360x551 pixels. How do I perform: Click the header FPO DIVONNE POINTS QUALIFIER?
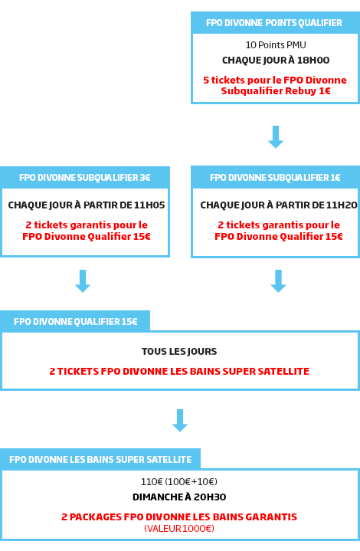click(274, 23)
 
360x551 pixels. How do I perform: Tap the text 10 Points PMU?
click(276, 45)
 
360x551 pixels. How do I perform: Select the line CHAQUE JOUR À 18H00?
click(276, 61)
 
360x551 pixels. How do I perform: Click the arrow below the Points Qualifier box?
click(276, 137)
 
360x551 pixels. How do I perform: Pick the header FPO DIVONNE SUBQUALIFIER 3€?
click(85, 178)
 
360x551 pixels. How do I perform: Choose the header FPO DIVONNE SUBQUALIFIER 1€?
click(275, 178)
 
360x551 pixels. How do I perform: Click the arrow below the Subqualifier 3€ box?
click(83, 281)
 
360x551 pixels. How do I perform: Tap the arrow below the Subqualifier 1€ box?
click(278, 281)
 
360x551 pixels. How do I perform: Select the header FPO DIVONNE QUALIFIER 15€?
click(76, 322)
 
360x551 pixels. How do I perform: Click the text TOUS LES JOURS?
click(179, 352)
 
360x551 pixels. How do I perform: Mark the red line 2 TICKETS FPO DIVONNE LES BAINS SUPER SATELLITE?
click(179, 372)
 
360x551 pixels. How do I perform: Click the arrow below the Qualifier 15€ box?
click(180, 421)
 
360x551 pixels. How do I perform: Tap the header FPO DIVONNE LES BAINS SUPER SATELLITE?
click(100, 460)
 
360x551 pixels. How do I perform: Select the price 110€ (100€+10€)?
click(179, 481)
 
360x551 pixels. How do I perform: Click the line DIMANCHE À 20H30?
click(179, 497)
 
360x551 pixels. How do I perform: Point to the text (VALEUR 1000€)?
click(179, 529)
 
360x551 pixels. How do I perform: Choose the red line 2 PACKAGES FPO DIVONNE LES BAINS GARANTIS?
click(179, 517)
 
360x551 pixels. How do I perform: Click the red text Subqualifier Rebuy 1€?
click(276, 91)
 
